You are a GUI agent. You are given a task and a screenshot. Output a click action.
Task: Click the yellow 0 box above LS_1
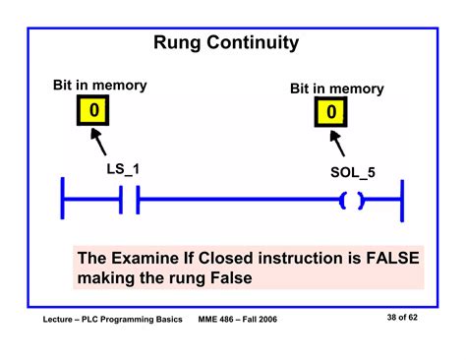[x=93, y=110]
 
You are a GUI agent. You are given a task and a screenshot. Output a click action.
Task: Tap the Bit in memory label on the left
[x=99, y=86]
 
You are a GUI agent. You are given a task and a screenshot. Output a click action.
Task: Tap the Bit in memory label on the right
[x=336, y=89]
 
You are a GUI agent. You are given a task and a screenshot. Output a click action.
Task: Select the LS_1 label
[x=123, y=169]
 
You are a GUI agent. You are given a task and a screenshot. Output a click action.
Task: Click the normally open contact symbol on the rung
[x=129, y=203]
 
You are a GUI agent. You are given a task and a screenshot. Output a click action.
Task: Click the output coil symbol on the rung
[x=351, y=203]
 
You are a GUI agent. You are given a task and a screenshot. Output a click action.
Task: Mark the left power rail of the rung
[x=64, y=203]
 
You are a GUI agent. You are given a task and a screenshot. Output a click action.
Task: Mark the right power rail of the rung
[x=402, y=203]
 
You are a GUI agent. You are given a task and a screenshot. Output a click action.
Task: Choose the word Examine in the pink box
[x=146, y=258]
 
